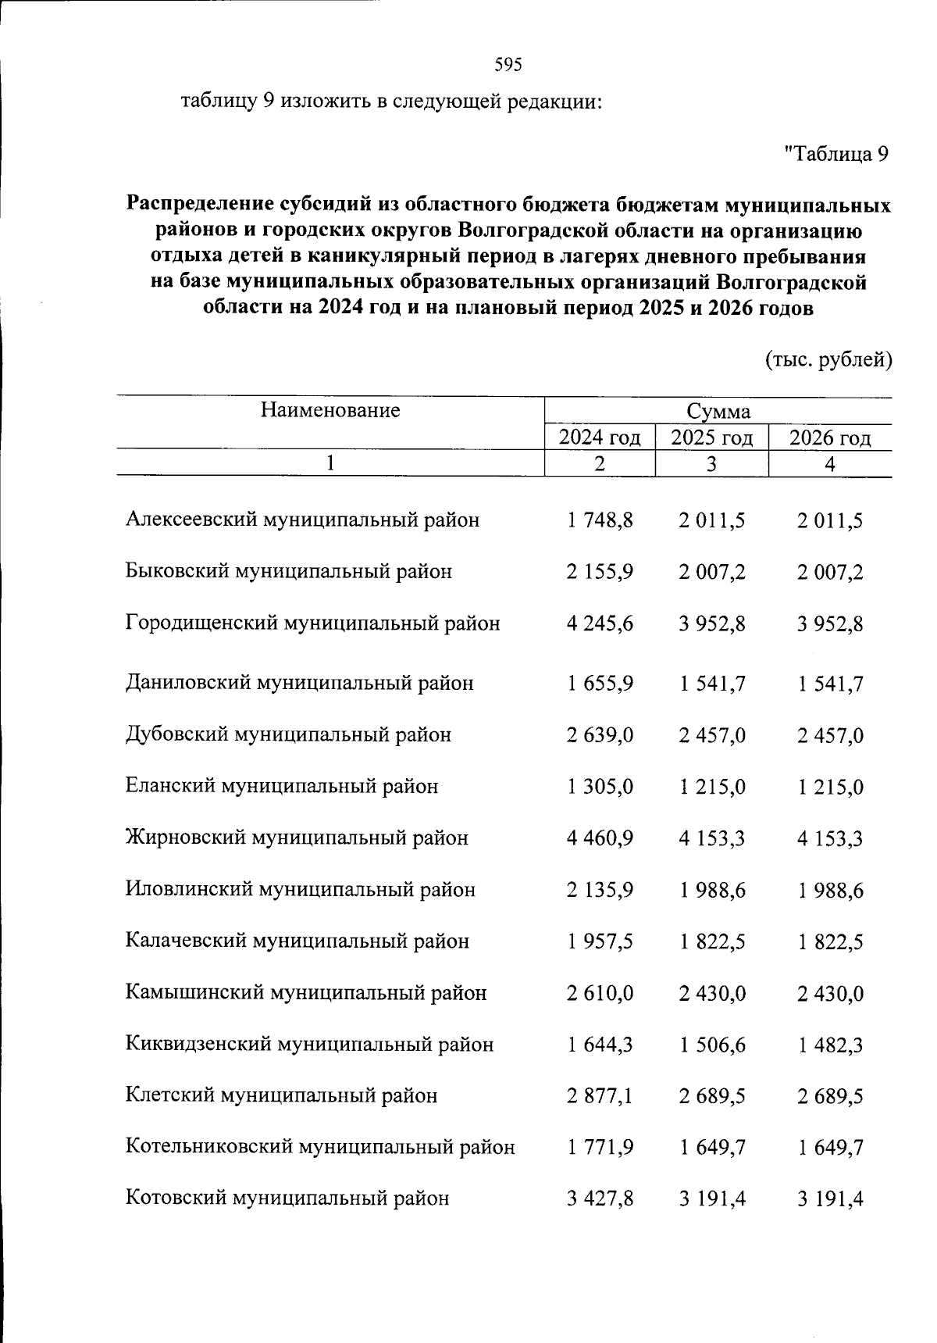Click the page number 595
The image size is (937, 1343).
pos(508,65)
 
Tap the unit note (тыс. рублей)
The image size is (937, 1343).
pos(827,359)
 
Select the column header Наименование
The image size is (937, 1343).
pos(330,409)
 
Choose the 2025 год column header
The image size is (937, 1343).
pos(711,438)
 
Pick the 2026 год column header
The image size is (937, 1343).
pos(829,438)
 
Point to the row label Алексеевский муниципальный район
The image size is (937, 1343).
pos(302,520)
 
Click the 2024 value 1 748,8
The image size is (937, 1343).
pos(600,520)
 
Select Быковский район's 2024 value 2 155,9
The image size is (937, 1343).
pos(600,572)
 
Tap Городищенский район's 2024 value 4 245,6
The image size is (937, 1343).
pos(600,623)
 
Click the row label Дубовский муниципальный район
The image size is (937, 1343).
pos(288,734)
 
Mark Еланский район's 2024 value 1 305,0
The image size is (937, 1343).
pos(600,787)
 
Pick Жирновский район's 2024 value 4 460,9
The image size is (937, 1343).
pos(600,838)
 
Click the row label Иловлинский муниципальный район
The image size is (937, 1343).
pos(300,889)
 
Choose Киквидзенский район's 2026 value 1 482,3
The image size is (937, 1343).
pos(830,1045)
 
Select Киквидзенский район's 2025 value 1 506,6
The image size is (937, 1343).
pos(712,1045)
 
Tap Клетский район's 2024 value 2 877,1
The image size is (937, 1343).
pos(600,1097)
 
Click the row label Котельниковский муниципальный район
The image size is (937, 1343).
pos(320,1147)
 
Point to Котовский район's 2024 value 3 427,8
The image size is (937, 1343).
pos(600,1199)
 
